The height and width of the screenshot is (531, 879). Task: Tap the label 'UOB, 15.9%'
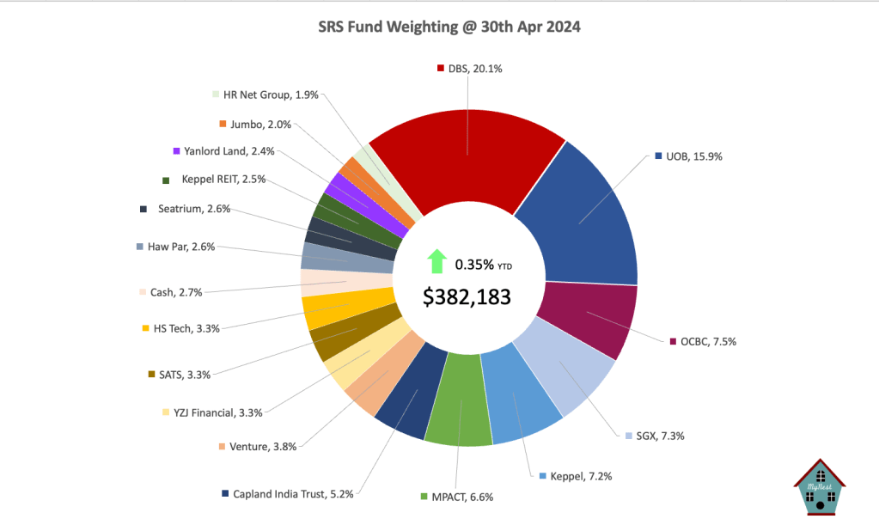(691, 156)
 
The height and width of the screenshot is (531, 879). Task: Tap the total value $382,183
(467, 297)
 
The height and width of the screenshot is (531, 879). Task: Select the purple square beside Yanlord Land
(176, 151)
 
